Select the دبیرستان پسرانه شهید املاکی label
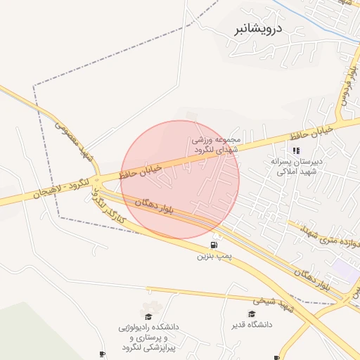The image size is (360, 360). click(297, 166)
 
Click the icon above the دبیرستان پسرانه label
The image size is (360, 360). click(296, 150)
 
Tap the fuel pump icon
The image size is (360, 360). click(213, 245)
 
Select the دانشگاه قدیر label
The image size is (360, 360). click(269, 326)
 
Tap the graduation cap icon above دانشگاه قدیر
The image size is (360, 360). click(252, 314)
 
